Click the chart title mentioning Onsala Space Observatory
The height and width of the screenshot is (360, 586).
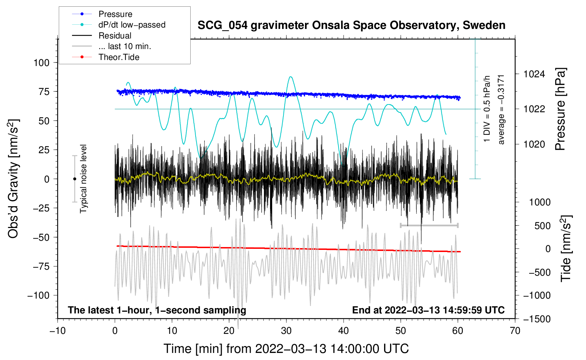tap(351, 25)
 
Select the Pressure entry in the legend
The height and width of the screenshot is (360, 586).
tap(115, 14)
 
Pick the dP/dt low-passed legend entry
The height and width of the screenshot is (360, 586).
tap(132, 25)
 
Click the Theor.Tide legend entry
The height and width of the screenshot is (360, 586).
tap(119, 57)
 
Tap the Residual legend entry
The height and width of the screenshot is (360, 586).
tap(115, 36)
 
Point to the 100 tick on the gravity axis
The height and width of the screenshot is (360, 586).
tap(41, 63)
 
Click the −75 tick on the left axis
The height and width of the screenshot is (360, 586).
tap(41, 266)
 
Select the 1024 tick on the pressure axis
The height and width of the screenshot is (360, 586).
tap(534, 74)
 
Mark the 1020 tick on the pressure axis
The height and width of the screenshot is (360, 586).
tap(534, 144)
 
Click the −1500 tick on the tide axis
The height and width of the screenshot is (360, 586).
tap(537, 319)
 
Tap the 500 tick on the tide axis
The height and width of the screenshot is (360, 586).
tap(543, 226)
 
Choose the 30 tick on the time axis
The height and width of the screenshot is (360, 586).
tap(286, 331)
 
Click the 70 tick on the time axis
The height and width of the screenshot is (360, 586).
tap(515, 331)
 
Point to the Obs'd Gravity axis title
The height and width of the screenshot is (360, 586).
tap(13, 179)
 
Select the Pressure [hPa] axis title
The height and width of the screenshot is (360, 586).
tap(560, 109)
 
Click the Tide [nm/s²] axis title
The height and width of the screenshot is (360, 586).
tap(566, 248)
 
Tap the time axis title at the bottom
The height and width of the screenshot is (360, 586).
tap(286, 349)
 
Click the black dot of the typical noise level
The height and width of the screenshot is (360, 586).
tap(74, 179)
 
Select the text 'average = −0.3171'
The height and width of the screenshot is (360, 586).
tap(501, 109)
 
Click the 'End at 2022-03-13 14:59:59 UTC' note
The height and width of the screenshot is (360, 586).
tap(428, 310)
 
